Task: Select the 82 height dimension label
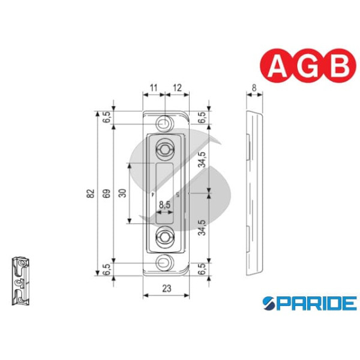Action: click(91, 193)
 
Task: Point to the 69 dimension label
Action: click(106, 193)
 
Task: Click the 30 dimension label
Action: click(122, 193)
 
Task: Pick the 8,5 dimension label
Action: click(164, 205)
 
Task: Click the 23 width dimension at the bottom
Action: click(166, 289)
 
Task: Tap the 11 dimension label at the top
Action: click(153, 88)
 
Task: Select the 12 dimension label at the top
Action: click(176, 88)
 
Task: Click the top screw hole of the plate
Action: click(163, 124)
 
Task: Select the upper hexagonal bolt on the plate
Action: click(164, 149)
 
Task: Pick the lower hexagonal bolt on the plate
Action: click(164, 237)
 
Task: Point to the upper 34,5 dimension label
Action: click(203, 160)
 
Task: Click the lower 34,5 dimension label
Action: click(203, 227)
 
